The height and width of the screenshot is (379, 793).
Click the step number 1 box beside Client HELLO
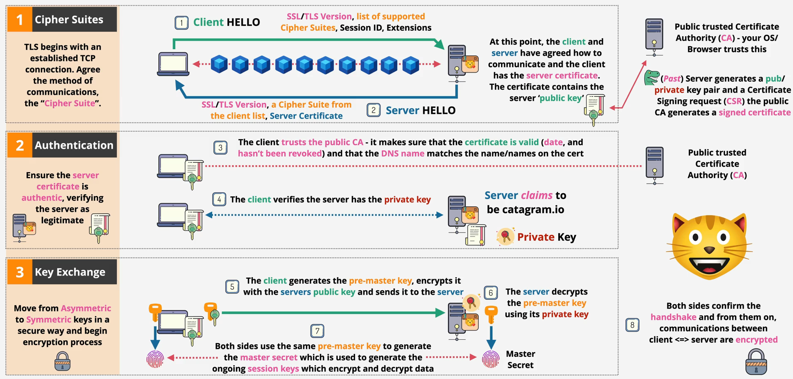click(x=181, y=23)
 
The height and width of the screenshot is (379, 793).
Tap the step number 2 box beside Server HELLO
click(x=374, y=110)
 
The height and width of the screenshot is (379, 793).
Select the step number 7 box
click(x=317, y=331)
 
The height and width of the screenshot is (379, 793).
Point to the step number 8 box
click(x=632, y=325)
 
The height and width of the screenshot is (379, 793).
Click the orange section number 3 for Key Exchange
click(x=20, y=272)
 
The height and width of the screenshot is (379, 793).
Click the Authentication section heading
click(x=74, y=145)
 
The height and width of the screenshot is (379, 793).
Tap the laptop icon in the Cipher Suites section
click(x=173, y=64)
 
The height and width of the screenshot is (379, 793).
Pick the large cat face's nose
click(x=709, y=250)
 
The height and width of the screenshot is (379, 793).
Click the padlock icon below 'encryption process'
click(x=63, y=361)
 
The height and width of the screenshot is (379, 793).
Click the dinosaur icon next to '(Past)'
click(x=651, y=78)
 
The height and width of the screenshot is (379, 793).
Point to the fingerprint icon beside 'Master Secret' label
click(x=491, y=359)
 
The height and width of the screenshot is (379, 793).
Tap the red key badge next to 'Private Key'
click(x=505, y=236)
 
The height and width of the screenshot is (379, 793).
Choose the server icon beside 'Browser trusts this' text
click(x=654, y=37)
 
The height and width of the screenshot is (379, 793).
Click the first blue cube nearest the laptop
click(x=219, y=64)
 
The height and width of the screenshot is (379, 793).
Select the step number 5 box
click(x=232, y=287)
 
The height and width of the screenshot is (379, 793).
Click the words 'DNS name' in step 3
click(x=402, y=153)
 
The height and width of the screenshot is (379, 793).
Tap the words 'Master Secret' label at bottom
click(x=520, y=359)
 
